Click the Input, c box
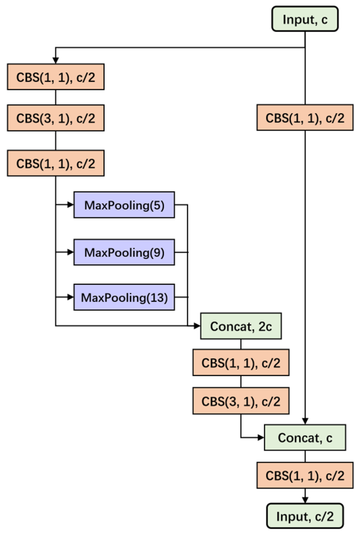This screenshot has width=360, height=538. (305, 19)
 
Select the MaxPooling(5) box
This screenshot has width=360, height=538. (124, 205)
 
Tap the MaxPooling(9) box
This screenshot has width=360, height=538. (124, 252)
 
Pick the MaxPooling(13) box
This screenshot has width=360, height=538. (124, 297)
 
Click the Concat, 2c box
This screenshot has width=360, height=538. (241, 326)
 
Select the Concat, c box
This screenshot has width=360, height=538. (305, 437)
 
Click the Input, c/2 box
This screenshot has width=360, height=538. (305, 516)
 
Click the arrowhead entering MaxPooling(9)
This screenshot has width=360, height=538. (71, 252)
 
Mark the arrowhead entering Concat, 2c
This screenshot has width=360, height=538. (197, 326)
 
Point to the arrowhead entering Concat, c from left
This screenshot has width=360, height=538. (261, 437)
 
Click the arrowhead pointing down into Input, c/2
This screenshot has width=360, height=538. (305, 500)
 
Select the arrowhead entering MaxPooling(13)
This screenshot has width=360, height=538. (71, 297)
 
